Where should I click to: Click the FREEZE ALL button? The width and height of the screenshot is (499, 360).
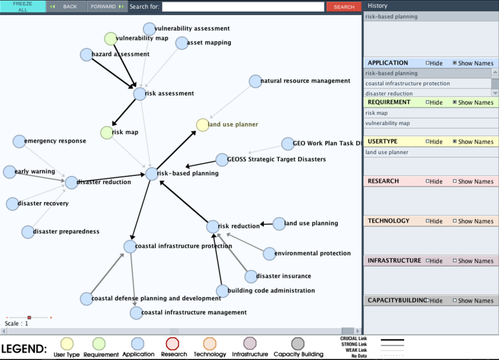pos(22,7)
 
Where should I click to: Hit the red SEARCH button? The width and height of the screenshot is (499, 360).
pos(343,7)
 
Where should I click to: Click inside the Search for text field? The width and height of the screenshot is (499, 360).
pos(243,7)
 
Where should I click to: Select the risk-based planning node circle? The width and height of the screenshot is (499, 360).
pos(152,173)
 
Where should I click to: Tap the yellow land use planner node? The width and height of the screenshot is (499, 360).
pos(202,125)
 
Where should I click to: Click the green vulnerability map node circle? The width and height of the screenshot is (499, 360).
pos(110,39)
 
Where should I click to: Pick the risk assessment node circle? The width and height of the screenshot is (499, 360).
pos(140,94)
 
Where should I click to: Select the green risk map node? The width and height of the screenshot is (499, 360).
pos(107,132)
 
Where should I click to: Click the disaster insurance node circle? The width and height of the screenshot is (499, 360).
pos(251,276)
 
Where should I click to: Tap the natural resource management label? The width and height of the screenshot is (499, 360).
pos(305,81)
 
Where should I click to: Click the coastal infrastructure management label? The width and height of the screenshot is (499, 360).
pos(194,313)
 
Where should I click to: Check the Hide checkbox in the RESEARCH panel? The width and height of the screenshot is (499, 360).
pos(428,182)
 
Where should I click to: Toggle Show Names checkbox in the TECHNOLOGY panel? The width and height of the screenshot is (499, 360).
pos(455,221)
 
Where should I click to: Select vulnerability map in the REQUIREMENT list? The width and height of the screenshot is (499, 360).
pos(387,124)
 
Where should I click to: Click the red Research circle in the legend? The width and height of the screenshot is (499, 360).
pos(173,343)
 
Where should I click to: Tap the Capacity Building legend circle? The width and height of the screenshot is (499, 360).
pos(298,343)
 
